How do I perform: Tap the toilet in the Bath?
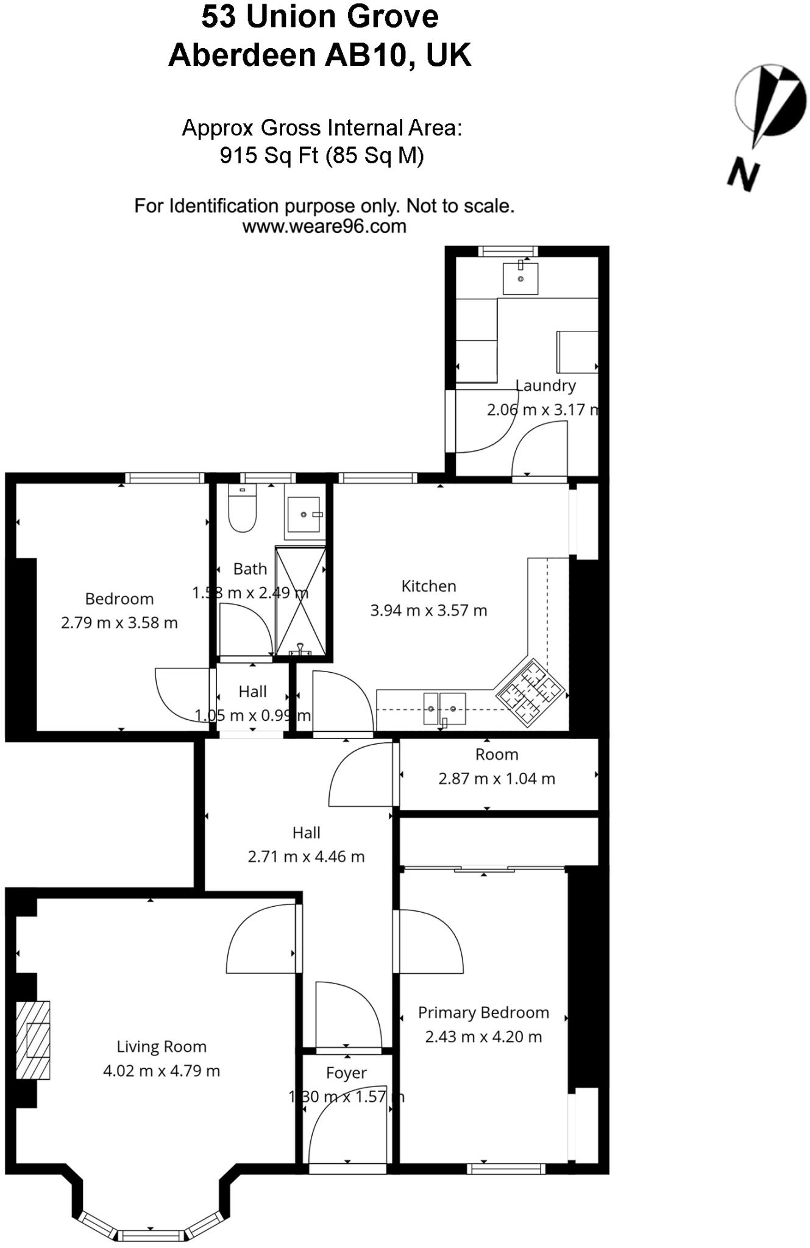click(242, 509)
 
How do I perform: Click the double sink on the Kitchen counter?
click(444, 709)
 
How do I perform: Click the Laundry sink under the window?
click(520, 278)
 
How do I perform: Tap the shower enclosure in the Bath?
click(300, 601)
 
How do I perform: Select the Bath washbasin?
click(304, 516)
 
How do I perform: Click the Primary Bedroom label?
click(483, 1013)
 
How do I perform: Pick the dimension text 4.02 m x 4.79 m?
click(162, 1071)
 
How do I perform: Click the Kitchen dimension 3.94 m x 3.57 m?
click(428, 611)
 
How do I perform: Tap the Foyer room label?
click(346, 1073)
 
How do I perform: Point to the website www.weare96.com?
click(324, 227)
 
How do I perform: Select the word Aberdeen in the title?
click(243, 55)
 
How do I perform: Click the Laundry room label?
click(545, 385)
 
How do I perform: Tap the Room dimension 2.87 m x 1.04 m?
click(497, 779)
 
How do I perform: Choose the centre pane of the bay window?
click(151, 1235)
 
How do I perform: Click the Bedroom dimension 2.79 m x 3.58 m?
click(119, 623)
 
